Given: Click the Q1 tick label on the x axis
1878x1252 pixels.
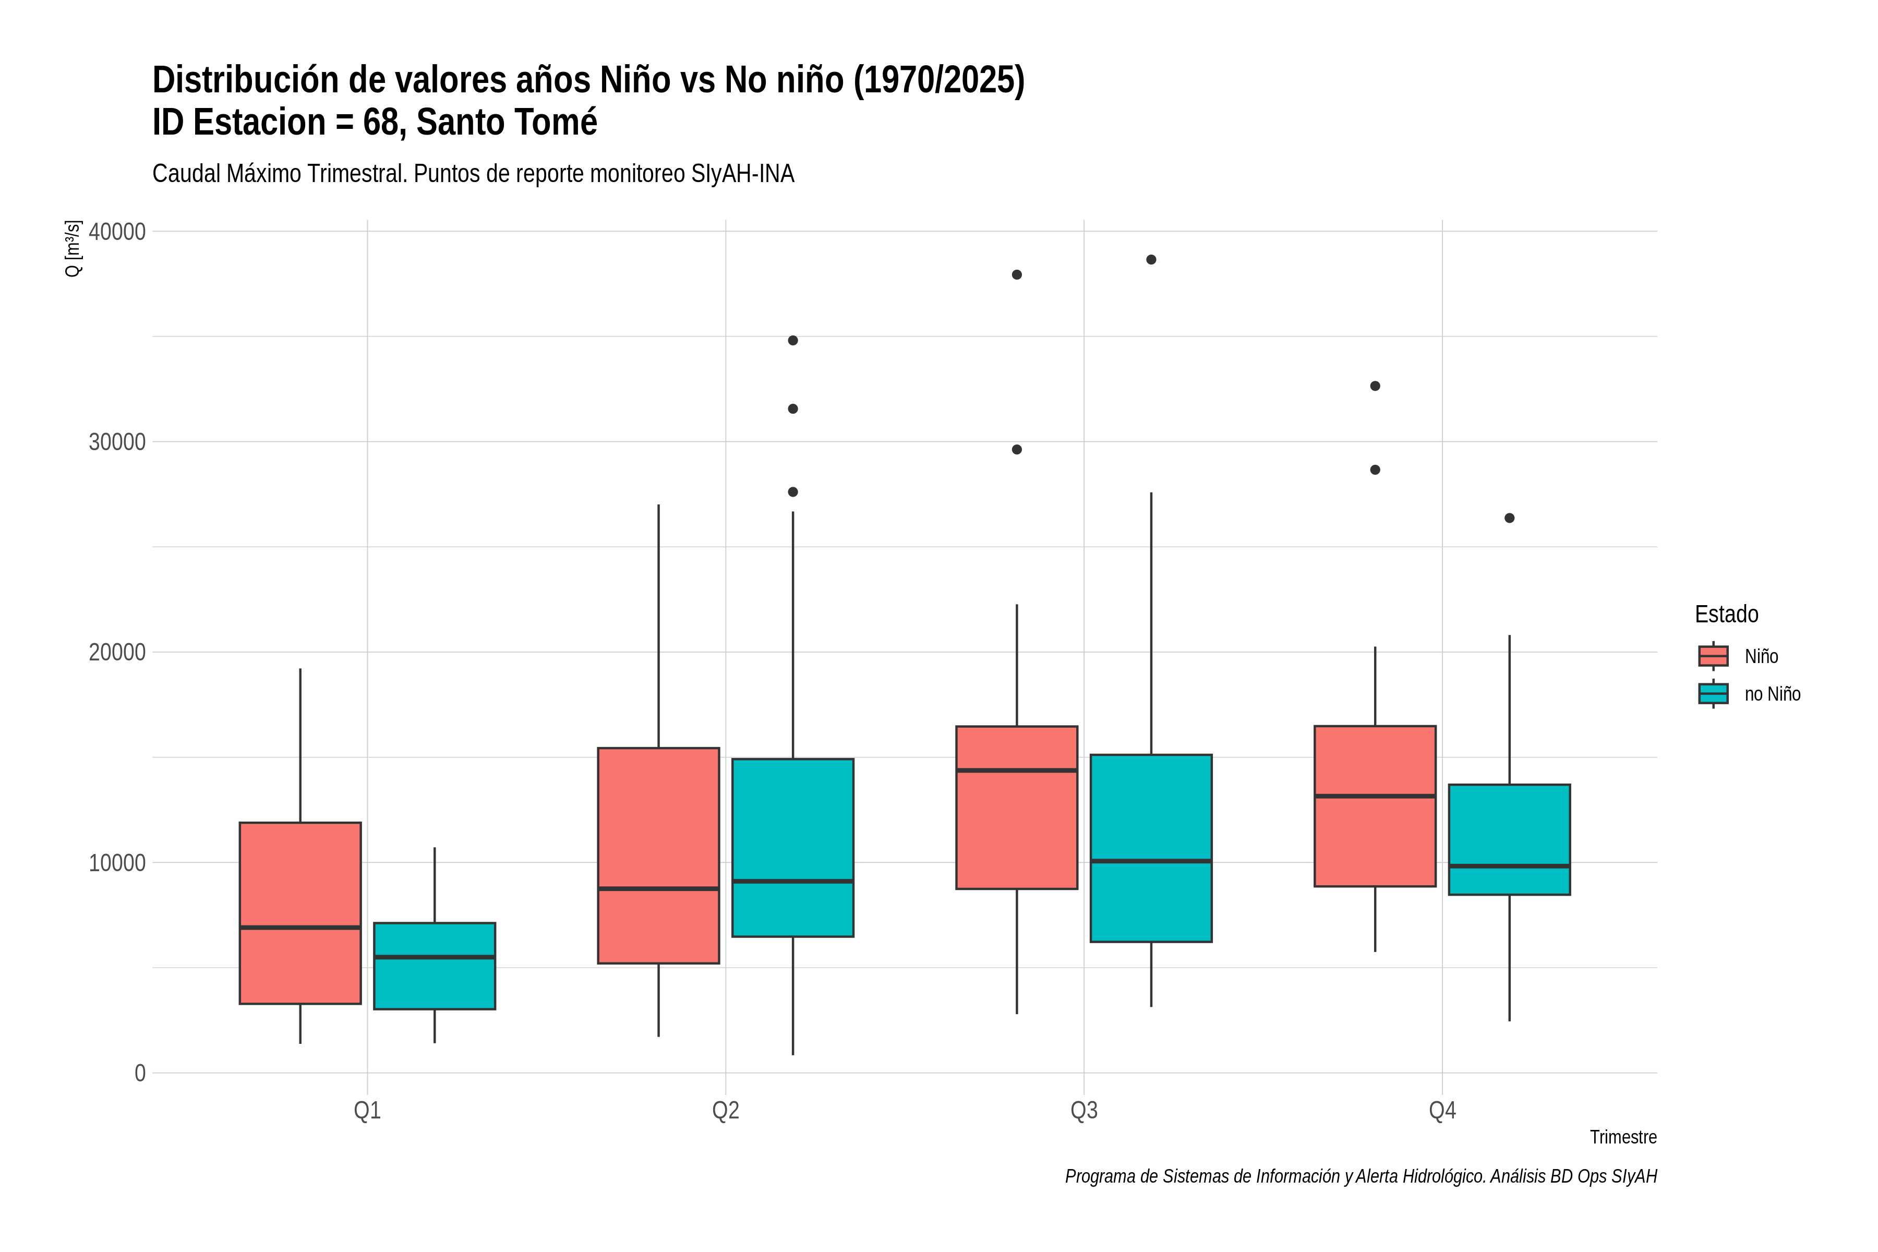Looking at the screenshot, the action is click(x=367, y=1111).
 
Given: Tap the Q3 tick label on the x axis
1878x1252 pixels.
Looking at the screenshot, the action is click(x=1084, y=1111).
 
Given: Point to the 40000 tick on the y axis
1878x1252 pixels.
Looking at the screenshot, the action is click(x=117, y=232).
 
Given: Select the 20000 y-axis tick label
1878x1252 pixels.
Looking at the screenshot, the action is click(x=117, y=653).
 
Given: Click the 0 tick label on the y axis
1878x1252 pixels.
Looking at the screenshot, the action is click(x=140, y=1073).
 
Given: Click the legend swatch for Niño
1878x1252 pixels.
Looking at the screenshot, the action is click(x=1714, y=656).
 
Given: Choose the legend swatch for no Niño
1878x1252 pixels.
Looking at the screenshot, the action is click(x=1714, y=694).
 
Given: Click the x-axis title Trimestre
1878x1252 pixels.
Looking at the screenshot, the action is click(x=1623, y=1137).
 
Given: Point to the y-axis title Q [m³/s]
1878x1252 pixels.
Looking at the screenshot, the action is click(x=73, y=248).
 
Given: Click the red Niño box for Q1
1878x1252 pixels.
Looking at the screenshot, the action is click(x=300, y=912).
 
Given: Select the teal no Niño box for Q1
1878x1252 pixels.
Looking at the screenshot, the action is click(x=435, y=966).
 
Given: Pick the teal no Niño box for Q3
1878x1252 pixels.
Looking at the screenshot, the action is click(x=1151, y=848).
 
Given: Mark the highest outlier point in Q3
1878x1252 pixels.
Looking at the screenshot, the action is click(x=1151, y=259).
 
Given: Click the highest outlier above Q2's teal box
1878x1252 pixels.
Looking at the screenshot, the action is click(x=793, y=340).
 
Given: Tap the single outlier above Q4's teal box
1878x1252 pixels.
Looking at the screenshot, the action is click(x=1510, y=518).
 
